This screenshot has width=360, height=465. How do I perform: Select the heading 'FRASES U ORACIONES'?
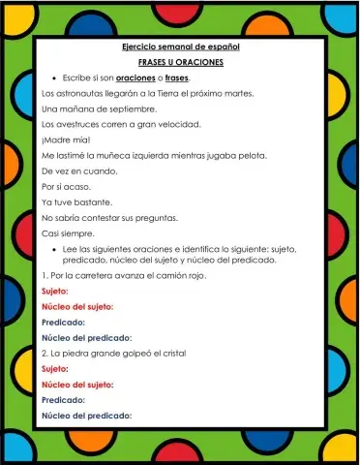tap(180, 62)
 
